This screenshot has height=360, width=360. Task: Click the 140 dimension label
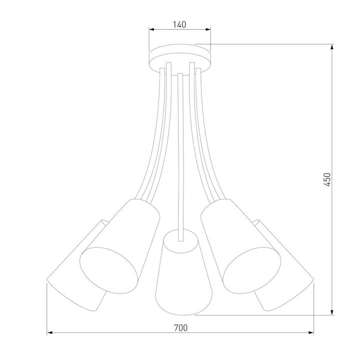[x=180, y=24]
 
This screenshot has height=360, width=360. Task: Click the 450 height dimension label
[x=327, y=180]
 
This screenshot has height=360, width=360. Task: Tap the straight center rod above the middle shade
[x=180, y=150]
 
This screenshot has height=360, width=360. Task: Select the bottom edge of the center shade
[x=180, y=308]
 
